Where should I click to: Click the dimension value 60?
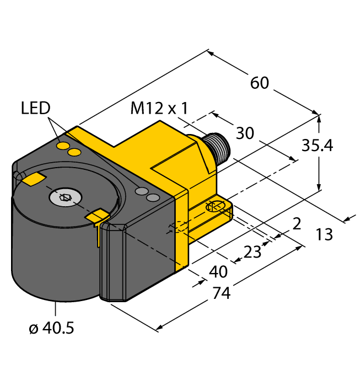[260, 83]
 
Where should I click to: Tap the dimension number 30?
[245, 133]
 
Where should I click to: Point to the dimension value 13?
[325, 234]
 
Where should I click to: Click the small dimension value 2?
[297, 223]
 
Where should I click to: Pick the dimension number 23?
[252, 251]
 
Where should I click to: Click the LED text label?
[36, 108]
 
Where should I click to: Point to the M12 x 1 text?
[159, 109]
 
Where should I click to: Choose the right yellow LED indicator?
[76, 152]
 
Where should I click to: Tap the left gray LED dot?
[142, 191]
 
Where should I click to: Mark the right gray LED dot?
[154, 197]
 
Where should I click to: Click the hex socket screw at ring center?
[65, 197]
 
